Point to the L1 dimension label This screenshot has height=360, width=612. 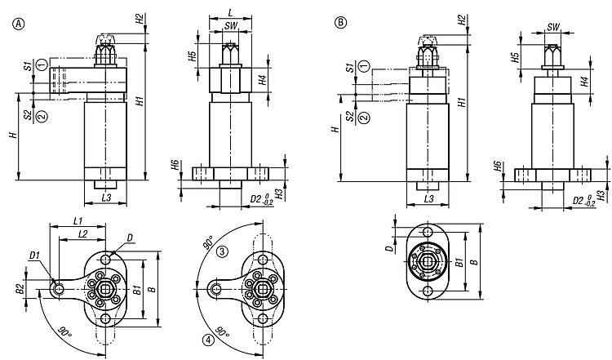click(77, 221)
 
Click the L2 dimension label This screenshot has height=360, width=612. click(82, 235)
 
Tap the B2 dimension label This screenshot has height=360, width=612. click(19, 288)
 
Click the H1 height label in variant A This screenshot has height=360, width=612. click(140, 104)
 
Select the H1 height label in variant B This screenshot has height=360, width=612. click(461, 104)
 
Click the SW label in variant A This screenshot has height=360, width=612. click(232, 27)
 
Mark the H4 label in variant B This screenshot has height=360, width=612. click(585, 82)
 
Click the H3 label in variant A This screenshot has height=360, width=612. click(278, 194)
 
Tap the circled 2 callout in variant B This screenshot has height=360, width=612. click(364, 117)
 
